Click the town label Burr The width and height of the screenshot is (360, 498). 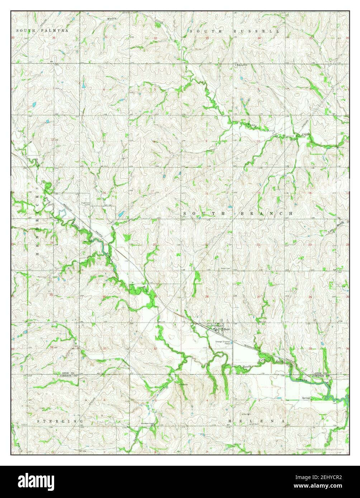click(226, 329)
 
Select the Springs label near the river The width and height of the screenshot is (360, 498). click(306, 398)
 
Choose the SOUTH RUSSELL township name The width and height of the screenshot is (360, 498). click(235, 32)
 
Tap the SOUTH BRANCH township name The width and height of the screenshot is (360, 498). click(238, 213)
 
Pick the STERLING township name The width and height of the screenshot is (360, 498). click(60, 421)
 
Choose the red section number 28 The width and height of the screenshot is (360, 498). click(207, 297)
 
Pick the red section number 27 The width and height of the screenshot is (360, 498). click(259, 297)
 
